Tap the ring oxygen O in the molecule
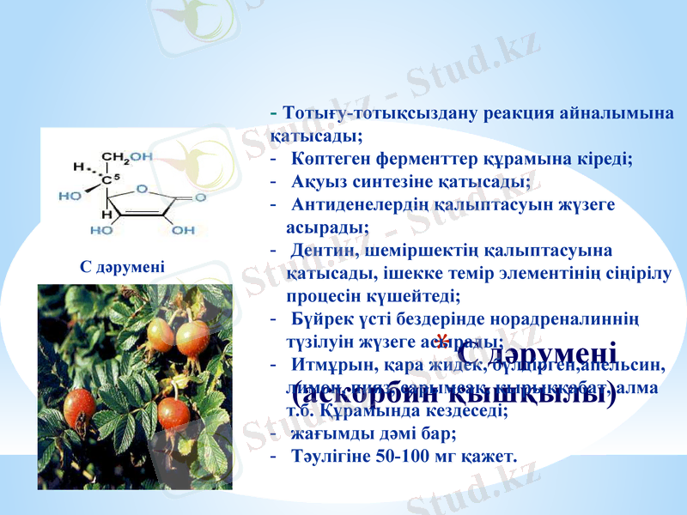(x=141, y=189)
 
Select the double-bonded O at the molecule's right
(x=200, y=197)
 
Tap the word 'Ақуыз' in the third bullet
(x=320, y=182)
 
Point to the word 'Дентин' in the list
(x=317, y=251)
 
